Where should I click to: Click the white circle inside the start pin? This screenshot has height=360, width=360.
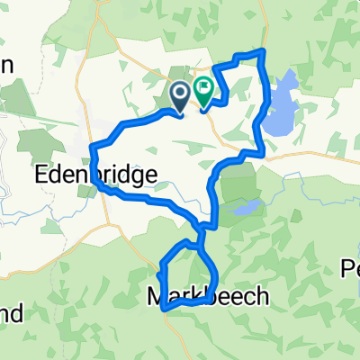178,91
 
